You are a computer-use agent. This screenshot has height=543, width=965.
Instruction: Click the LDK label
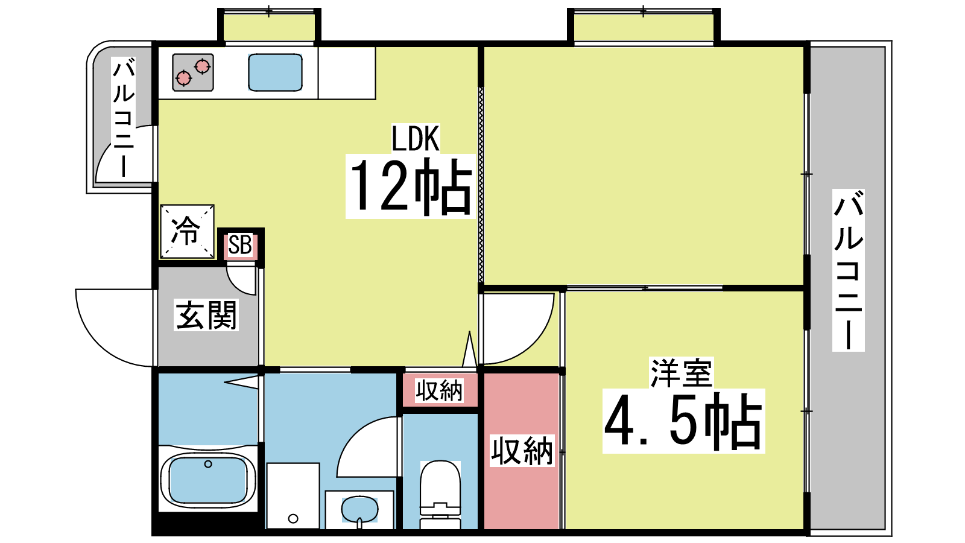(416, 138)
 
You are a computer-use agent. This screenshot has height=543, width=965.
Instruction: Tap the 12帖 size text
(411, 186)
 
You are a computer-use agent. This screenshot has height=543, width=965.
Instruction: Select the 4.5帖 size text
(684, 421)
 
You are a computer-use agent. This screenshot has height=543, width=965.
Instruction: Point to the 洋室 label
(681, 373)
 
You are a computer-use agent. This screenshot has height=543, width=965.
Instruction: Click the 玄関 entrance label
(206, 315)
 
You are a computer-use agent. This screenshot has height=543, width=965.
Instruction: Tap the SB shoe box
(240, 246)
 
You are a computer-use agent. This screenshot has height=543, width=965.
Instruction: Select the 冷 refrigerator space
(187, 232)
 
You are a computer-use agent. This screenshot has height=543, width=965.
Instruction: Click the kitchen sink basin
(275, 72)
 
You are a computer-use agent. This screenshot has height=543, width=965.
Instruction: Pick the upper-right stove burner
(202, 66)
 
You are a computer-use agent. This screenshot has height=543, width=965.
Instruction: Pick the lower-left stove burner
(184, 78)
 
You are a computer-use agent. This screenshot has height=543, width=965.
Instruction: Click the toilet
(440, 494)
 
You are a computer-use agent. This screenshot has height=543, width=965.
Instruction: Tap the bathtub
(208, 480)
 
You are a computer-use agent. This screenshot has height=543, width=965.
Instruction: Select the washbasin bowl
(359, 509)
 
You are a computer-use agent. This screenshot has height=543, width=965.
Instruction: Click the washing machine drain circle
(293, 518)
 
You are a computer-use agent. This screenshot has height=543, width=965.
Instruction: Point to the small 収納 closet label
(439, 390)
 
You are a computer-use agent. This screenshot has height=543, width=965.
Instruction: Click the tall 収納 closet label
(522, 451)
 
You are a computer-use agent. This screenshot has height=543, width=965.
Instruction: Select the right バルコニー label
(848, 270)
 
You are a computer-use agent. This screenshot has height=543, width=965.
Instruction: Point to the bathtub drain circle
(208, 464)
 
